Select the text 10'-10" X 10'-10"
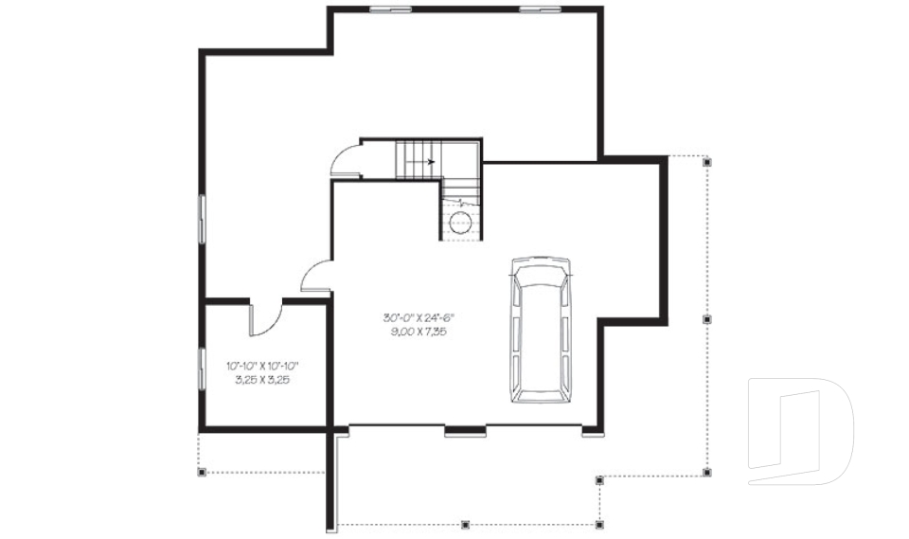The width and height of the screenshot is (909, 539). click(x=263, y=366)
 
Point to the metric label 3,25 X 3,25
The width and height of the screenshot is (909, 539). click(x=262, y=379)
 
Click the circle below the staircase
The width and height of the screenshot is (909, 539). click(x=461, y=224)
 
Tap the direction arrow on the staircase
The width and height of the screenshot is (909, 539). click(x=431, y=162)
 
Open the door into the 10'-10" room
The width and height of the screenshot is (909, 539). click(x=266, y=317)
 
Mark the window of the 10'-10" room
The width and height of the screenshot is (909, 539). click(x=201, y=368)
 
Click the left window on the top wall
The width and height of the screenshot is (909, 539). click(x=390, y=9)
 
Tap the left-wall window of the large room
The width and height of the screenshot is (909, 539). click(x=201, y=219)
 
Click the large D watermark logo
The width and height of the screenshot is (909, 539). click(x=800, y=431)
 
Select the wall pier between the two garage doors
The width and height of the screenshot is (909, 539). click(x=465, y=433)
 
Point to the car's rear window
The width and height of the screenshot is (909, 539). click(x=538, y=385)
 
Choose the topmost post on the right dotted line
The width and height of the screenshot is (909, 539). click(x=706, y=163)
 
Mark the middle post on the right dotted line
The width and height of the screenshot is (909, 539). click(x=706, y=320)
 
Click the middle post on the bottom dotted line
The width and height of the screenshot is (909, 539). click(x=465, y=523)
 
